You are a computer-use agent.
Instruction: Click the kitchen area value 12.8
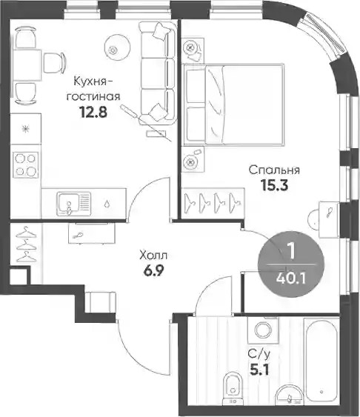[x=93, y=112]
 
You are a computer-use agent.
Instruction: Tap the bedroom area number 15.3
[x=275, y=185]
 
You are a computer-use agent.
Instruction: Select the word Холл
[x=153, y=256]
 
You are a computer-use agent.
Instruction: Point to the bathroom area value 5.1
[x=259, y=370]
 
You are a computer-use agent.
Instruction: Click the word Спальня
[x=274, y=170]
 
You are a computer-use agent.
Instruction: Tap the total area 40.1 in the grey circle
[x=291, y=278]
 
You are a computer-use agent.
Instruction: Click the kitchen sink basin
[x=69, y=204]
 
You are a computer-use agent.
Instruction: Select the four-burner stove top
[x=25, y=165]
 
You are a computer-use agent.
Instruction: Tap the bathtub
[x=321, y=361]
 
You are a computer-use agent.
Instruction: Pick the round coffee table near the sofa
[x=117, y=48]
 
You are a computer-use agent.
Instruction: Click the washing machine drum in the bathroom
[x=263, y=330]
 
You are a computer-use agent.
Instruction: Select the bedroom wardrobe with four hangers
[x=213, y=203]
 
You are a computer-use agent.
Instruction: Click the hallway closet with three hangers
[x=26, y=244]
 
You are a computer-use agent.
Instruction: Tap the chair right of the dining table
[x=54, y=63]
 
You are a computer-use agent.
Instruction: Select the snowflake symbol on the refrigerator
[x=26, y=130]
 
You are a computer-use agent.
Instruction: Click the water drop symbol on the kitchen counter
[x=107, y=204]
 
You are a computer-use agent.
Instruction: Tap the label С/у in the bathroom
[x=259, y=355]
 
